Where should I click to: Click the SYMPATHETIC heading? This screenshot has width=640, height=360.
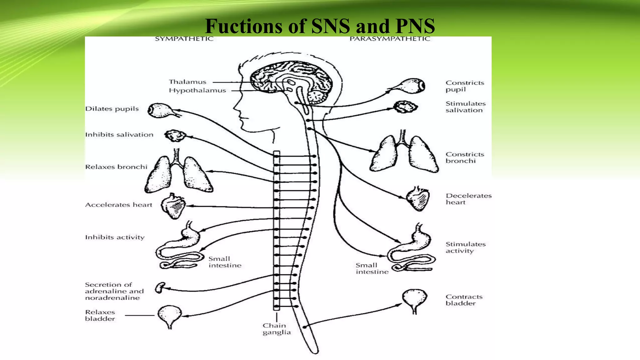[x=184, y=39]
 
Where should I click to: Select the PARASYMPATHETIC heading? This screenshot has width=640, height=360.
[x=390, y=39]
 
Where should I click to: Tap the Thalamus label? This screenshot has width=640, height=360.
[x=187, y=82]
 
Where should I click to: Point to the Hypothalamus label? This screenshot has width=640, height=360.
[x=197, y=90]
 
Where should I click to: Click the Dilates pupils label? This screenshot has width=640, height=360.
[x=112, y=109]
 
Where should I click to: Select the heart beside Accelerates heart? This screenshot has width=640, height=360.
[x=173, y=206]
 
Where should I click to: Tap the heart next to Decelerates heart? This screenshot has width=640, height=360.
[x=417, y=199]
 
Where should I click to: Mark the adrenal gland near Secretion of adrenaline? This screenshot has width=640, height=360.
[x=160, y=287]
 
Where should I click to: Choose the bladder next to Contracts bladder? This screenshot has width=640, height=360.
[x=414, y=299]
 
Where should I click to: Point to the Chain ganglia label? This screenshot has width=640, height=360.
[x=276, y=329]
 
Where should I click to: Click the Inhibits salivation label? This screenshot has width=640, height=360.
[x=119, y=135]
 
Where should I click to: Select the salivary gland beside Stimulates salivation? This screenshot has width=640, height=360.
[x=405, y=107]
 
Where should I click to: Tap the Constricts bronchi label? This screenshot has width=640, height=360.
[x=465, y=157]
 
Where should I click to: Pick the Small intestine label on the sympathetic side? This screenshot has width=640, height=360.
[x=225, y=262]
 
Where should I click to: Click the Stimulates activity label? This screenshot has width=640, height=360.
[x=465, y=247]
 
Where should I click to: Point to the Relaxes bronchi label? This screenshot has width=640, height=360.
[x=116, y=167]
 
